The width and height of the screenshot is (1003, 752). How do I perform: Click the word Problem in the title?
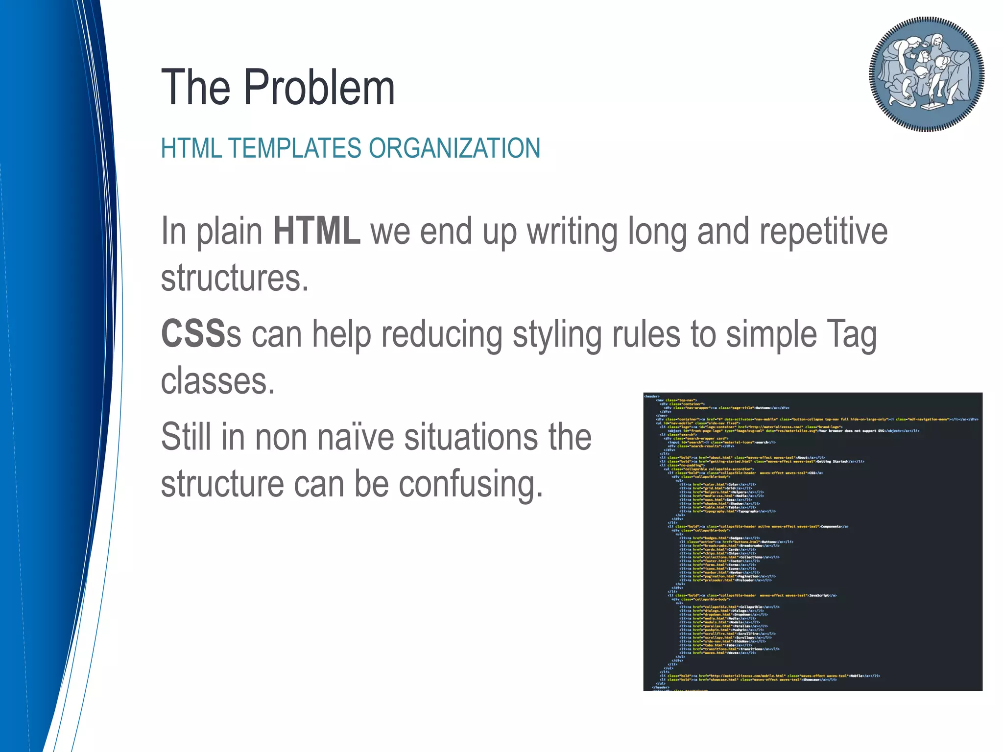point(319,88)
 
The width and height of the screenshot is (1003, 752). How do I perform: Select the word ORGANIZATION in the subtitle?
point(454,148)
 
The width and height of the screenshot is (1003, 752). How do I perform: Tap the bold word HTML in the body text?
point(317,231)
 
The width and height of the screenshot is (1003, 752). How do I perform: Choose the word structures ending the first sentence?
point(235,278)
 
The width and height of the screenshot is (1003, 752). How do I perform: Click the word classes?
point(218,381)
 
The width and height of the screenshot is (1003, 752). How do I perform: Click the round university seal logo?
point(927,74)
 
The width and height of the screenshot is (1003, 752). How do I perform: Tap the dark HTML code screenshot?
point(812,541)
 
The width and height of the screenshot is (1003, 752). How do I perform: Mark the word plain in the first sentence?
point(229,232)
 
